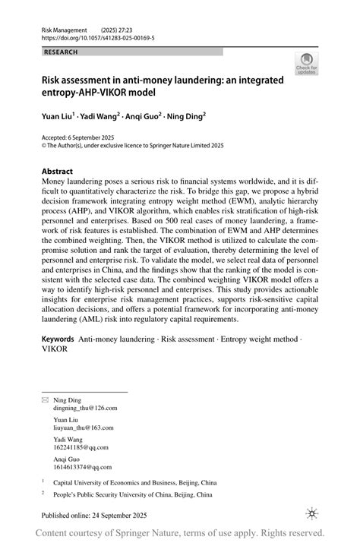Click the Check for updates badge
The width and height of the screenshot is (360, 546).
306,63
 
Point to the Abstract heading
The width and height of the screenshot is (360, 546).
57,172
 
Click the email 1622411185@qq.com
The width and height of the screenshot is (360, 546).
80,447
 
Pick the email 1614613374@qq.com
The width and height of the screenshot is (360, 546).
80,466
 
